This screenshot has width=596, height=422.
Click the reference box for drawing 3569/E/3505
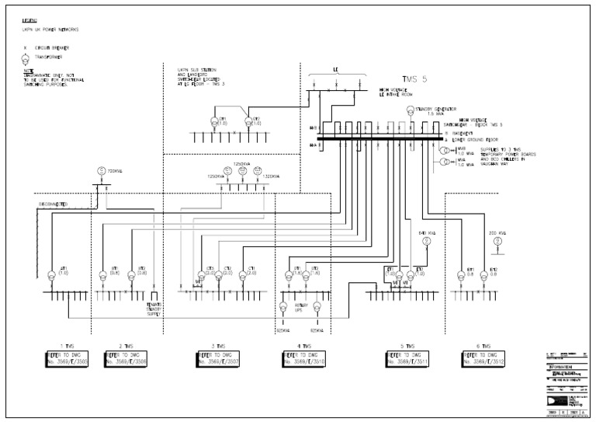pyautogui.click(x=67, y=359)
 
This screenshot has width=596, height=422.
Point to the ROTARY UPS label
pyautogui.click(x=301, y=309)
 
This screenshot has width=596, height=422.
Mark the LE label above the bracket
pyautogui.click(x=335, y=68)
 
